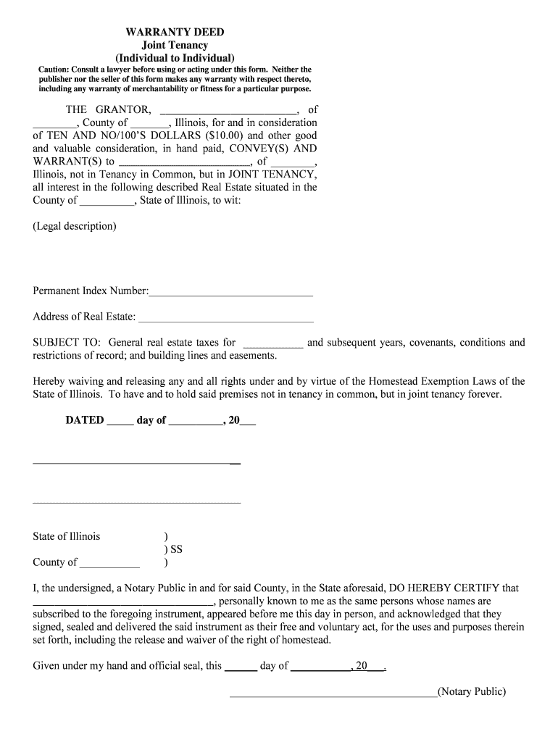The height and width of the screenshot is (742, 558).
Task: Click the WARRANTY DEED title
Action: click(x=175, y=33)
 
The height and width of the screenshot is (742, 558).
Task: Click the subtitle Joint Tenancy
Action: click(x=175, y=45)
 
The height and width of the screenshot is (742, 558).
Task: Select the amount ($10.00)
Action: click(x=225, y=136)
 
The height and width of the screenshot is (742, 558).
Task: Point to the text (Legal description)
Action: click(x=74, y=226)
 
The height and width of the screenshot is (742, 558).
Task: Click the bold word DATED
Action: click(x=85, y=420)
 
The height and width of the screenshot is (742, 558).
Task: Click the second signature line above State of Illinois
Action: click(x=136, y=502)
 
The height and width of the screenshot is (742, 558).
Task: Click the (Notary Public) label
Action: click(x=472, y=691)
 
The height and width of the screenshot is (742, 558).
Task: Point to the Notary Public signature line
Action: click(x=333, y=696)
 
